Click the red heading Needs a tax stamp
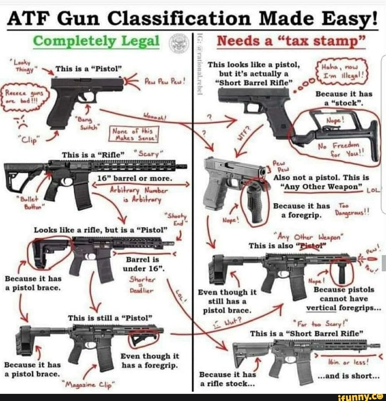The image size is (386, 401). tap(292, 42)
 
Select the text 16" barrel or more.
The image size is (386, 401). tap(135, 178)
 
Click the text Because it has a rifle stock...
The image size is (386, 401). tap(227, 378)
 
